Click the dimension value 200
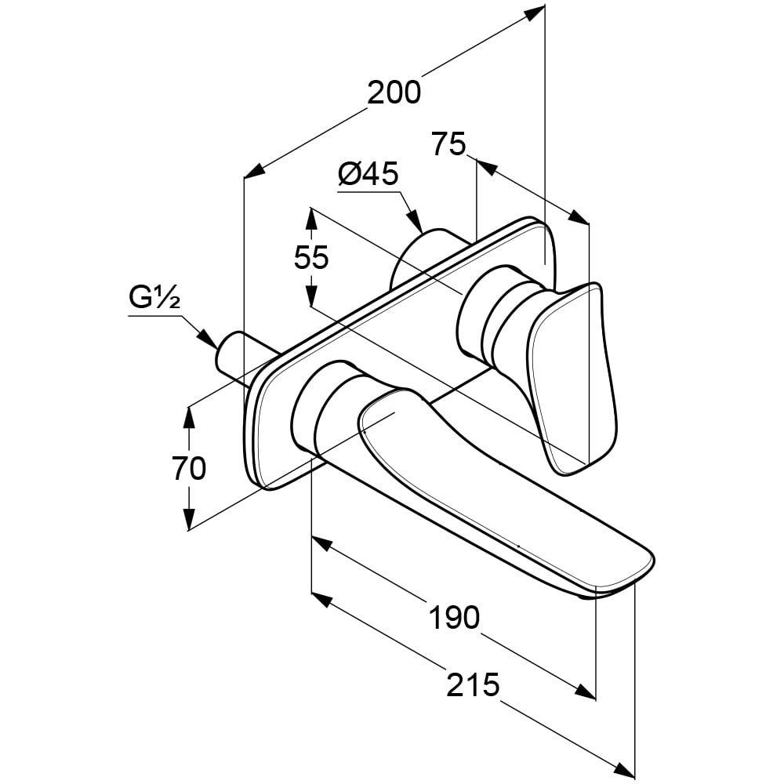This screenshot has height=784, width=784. [x=394, y=93]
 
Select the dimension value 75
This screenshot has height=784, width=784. [x=448, y=144]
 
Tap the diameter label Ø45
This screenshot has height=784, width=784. [x=368, y=174]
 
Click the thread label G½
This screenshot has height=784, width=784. [x=155, y=299]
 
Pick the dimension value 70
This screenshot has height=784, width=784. [x=189, y=468]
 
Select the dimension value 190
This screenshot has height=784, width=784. [x=454, y=618]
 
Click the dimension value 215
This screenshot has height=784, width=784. [x=474, y=685]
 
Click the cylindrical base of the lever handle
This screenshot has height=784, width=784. [x=486, y=314]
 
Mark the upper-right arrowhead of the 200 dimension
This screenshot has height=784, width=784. [x=536, y=13]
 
